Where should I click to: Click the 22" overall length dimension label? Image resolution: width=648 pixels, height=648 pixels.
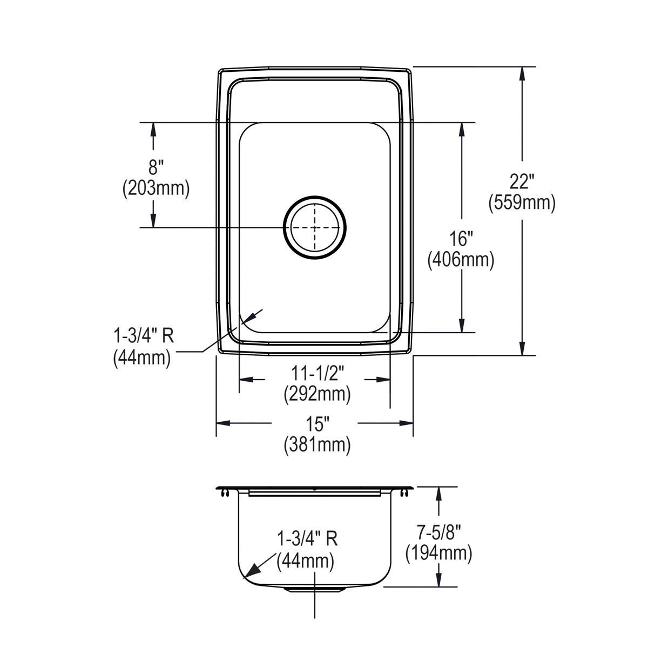point(522,183)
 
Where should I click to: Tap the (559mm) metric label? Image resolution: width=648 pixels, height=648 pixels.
point(522,203)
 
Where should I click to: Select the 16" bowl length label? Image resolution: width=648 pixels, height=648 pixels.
point(461,239)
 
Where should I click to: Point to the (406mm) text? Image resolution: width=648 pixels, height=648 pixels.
point(461,260)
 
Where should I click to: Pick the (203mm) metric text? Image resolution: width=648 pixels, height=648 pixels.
point(156,188)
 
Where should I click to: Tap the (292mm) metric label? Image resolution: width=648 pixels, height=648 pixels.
point(317,394)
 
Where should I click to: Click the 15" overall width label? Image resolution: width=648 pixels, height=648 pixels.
point(317,424)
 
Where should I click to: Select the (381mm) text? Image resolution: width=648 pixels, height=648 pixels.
point(317,446)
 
